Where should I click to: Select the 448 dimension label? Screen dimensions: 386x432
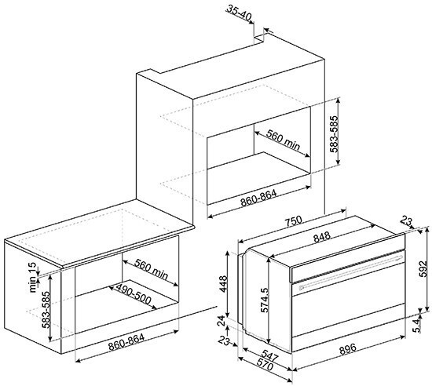pyautogui.click(x=223, y=284)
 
